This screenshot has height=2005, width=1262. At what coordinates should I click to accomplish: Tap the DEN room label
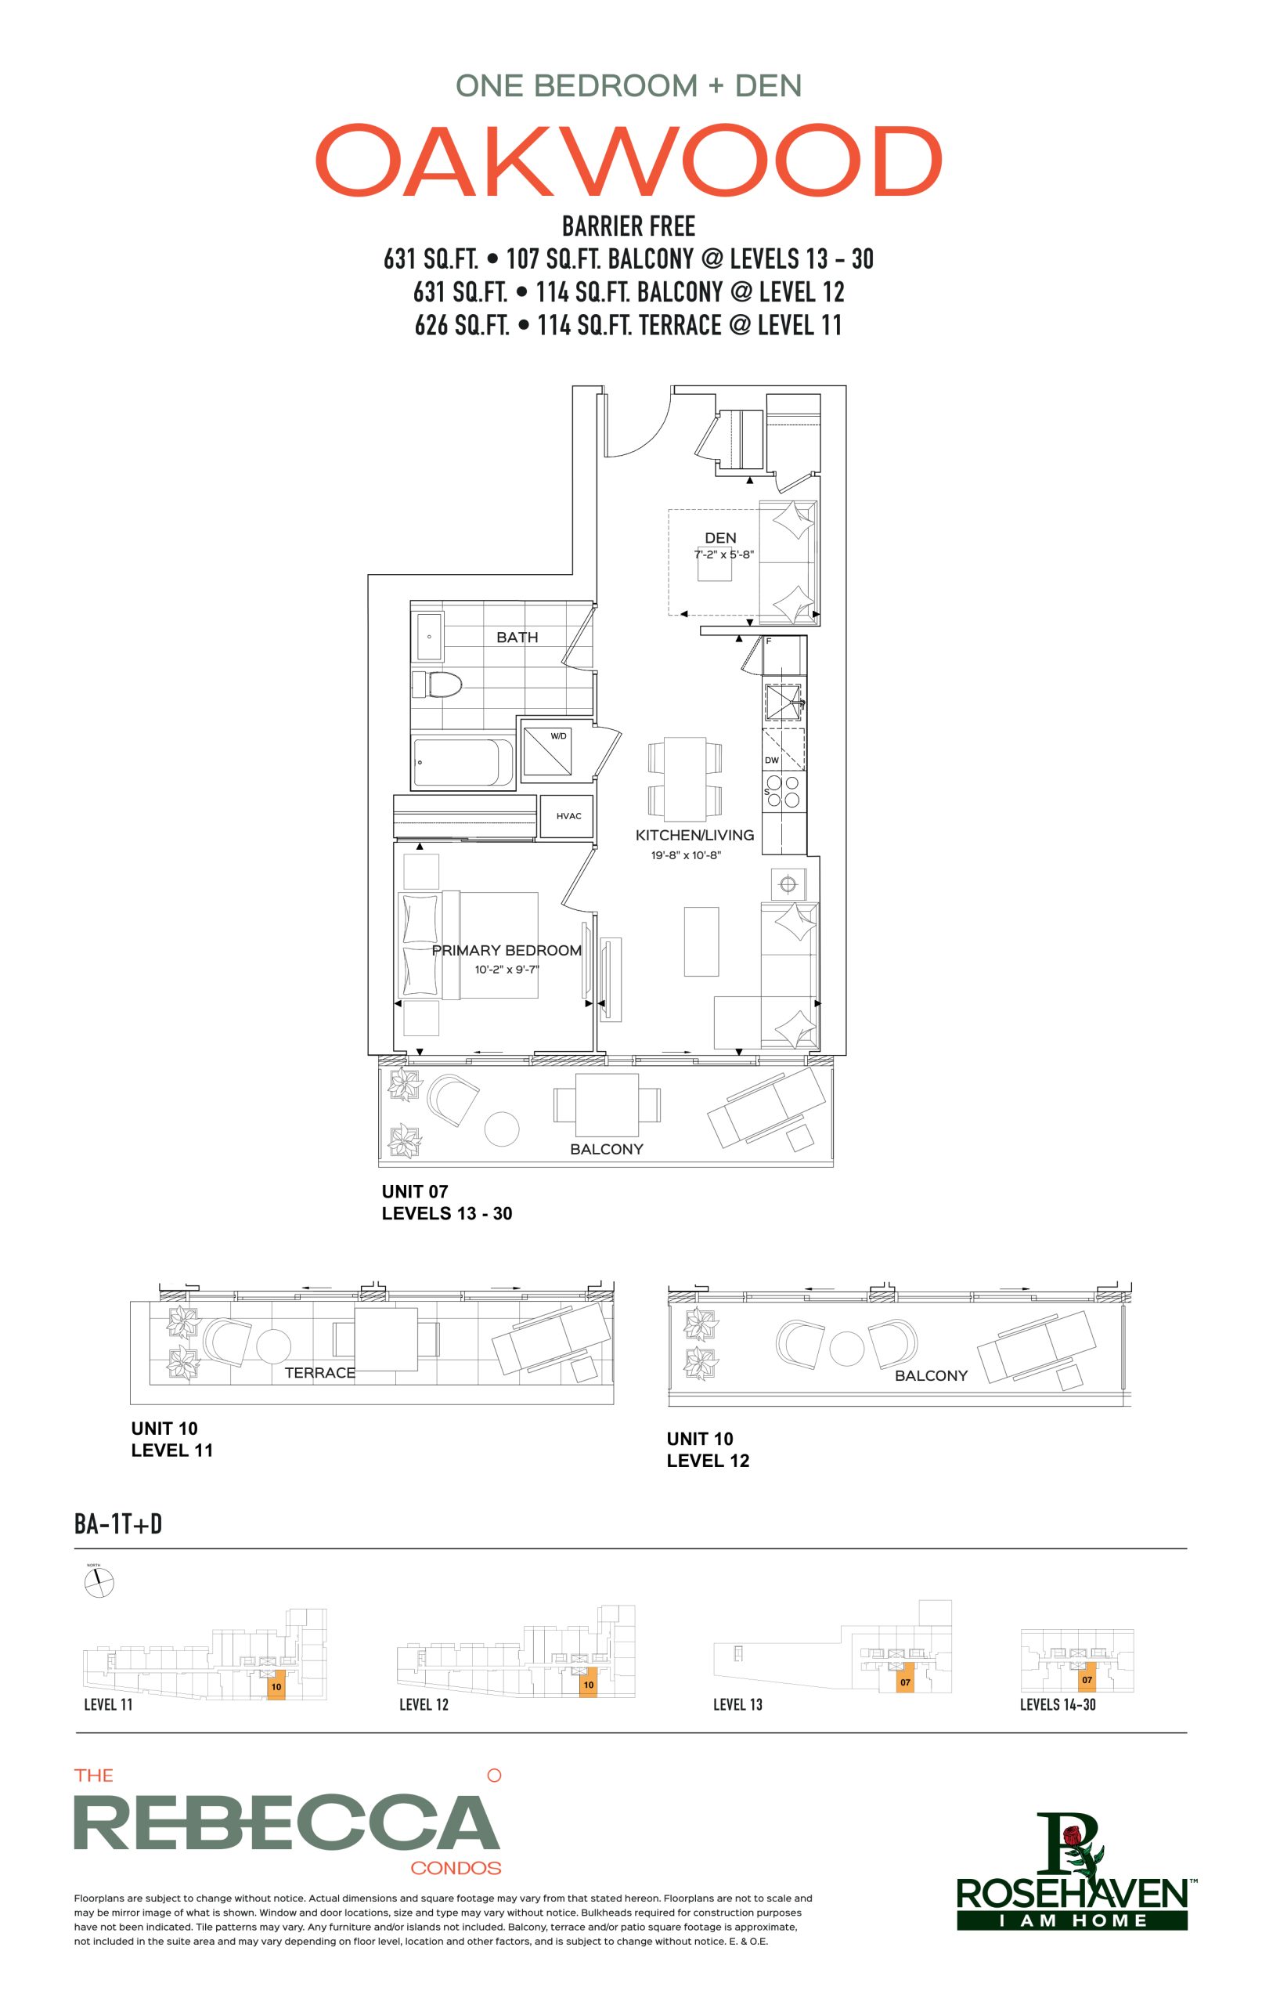click(720, 538)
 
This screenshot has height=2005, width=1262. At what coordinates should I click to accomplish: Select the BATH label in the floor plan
click(517, 637)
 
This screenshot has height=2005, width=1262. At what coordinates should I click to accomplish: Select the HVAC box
click(568, 816)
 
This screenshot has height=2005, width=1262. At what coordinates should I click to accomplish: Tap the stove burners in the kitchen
click(783, 791)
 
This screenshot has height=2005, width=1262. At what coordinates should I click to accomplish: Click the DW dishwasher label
click(772, 760)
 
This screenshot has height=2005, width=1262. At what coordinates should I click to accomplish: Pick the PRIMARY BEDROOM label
click(507, 950)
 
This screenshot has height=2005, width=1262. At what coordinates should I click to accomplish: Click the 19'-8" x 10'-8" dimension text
click(685, 855)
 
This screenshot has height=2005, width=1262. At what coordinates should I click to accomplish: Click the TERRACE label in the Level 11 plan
click(319, 1372)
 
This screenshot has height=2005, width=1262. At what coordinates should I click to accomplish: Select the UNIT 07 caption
click(415, 1191)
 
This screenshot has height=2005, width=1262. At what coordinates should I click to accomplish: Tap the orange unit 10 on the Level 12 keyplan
click(588, 1685)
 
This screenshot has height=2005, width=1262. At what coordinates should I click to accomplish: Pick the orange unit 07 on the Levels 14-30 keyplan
click(1087, 1679)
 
